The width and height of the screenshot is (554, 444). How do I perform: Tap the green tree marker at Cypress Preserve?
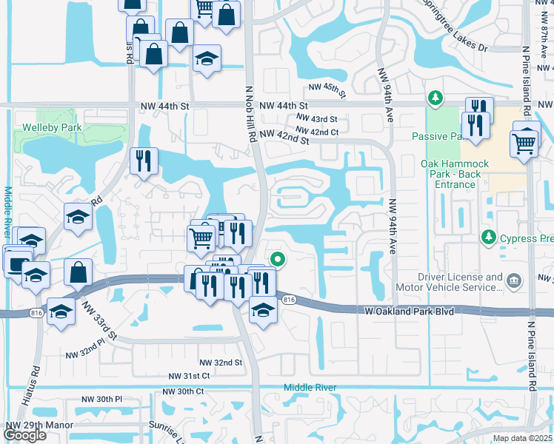(x=488, y=238)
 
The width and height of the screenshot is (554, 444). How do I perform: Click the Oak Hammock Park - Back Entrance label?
(x=450, y=174)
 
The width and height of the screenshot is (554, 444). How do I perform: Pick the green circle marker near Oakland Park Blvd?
(x=278, y=259)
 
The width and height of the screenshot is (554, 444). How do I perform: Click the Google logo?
(x=25, y=434)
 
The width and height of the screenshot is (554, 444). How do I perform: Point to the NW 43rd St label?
(x=316, y=118)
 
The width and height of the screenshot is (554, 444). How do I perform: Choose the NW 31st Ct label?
(x=189, y=376)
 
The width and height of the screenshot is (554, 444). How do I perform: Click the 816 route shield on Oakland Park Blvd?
(x=289, y=299)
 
